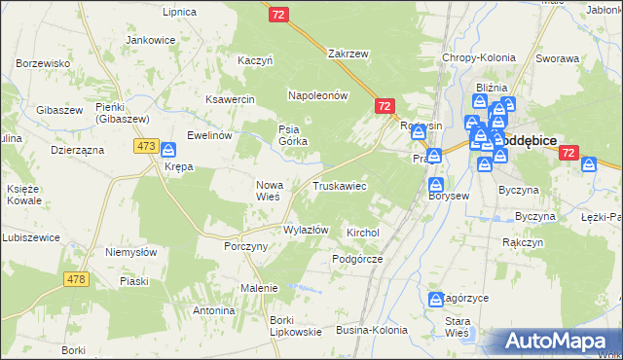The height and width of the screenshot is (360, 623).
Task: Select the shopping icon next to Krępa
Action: click(168, 150)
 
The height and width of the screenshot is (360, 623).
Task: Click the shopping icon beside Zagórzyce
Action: click(435, 300)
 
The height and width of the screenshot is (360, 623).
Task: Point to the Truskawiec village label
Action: click(339, 185)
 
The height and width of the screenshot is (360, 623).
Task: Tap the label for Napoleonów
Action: click(317, 95)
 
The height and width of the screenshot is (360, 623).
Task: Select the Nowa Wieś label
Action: click(268, 190)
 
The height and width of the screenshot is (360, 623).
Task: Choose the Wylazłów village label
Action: click(305, 231)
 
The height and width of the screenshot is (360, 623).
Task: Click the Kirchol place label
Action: click(362, 234)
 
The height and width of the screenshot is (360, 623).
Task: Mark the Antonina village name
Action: click(214, 310)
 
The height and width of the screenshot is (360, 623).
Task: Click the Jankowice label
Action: click(151, 41)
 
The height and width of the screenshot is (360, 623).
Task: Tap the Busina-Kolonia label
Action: click(372, 331)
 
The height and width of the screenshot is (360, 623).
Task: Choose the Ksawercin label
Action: click(229, 99)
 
